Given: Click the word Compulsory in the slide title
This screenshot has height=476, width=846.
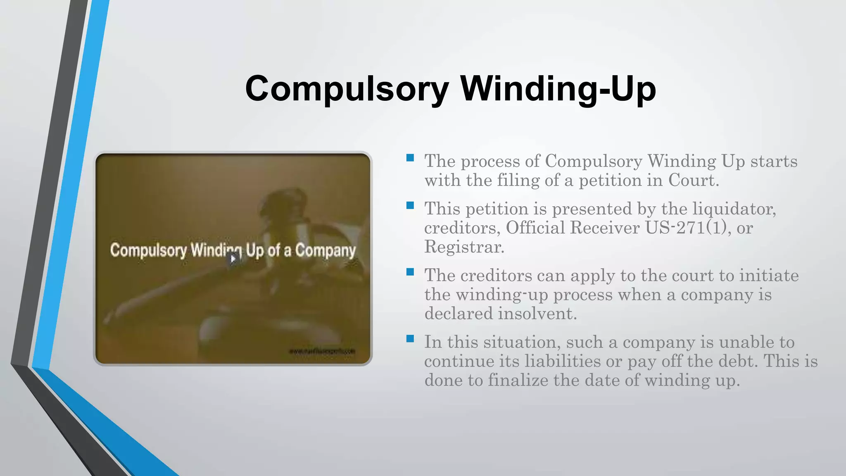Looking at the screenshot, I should point(347,89).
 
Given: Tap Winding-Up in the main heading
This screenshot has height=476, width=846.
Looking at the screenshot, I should point(558,89).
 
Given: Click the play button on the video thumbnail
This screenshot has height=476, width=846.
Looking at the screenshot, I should point(233,259).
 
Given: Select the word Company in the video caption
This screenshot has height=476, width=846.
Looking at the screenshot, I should point(326,250).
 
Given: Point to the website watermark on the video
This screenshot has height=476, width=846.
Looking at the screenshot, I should point(322,351).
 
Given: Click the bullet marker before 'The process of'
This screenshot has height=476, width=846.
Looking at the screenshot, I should point(410,157).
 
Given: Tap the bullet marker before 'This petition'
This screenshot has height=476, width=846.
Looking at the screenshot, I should point(410,205).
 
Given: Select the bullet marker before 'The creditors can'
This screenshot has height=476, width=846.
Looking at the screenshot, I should point(410,272).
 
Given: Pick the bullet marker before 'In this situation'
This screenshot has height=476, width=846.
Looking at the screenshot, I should point(410,339).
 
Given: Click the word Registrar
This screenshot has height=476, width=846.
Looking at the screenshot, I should point(464,247).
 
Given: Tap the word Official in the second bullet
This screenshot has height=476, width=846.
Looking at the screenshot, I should point(535,228).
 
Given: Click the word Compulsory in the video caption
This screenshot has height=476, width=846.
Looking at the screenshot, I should point(148,250).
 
